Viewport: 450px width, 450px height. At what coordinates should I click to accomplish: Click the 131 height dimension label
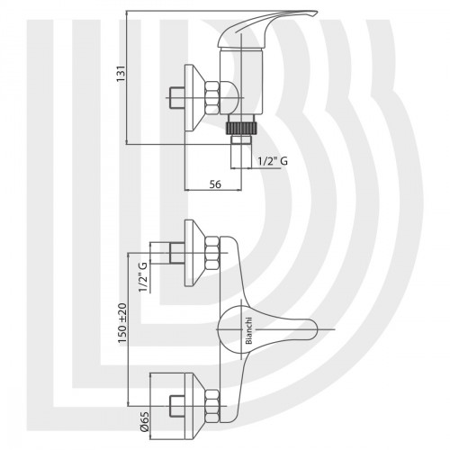(121, 74)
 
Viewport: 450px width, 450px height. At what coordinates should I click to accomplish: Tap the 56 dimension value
(215, 184)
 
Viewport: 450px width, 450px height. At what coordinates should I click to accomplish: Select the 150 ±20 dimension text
(122, 323)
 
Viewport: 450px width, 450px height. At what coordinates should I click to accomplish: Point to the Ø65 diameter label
(145, 422)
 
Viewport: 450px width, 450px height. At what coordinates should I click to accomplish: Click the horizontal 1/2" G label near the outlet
(273, 161)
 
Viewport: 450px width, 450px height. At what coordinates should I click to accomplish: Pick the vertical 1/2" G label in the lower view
(144, 277)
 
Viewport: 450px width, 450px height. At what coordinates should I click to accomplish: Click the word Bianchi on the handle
(249, 331)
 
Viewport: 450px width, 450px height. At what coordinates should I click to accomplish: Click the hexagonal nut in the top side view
(212, 98)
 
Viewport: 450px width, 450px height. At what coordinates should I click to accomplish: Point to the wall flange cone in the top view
(195, 98)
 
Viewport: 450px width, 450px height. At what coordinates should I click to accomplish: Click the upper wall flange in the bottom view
(195, 253)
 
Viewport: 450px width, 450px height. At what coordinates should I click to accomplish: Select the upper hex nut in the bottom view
(212, 253)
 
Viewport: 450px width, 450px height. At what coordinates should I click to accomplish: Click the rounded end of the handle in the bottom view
(312, 329)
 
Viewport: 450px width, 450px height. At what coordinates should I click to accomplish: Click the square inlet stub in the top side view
(177, 98)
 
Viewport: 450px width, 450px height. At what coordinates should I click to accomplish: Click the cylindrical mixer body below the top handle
(241, 82)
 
